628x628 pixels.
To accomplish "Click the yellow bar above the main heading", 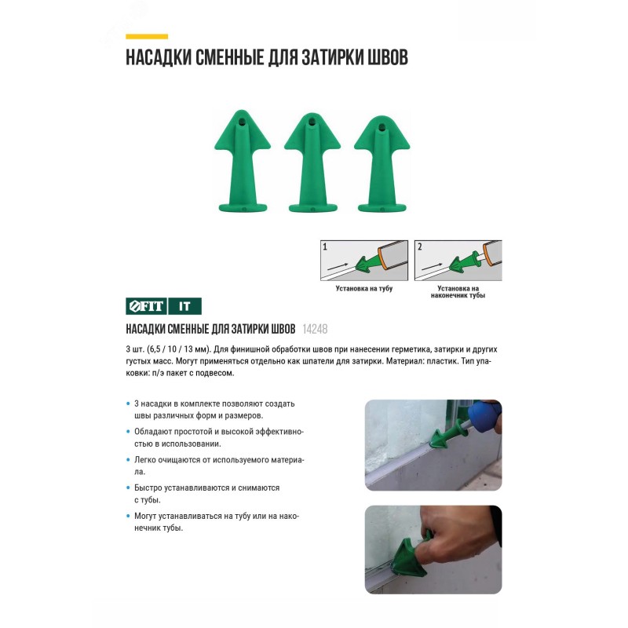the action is [147, 36].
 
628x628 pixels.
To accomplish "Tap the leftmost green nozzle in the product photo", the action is [243, 161].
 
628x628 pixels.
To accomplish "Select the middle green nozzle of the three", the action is [312, 162].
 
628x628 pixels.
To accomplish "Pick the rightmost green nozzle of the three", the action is [382, 163].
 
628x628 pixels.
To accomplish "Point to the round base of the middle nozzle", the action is [312, 207].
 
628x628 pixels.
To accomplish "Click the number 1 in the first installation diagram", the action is [325, 246].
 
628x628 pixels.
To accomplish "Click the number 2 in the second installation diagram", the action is [419, 246].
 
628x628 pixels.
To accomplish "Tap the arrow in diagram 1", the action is [337, 265].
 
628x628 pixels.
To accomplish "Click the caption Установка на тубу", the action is [364, 288].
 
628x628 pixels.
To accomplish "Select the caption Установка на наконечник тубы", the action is [458, 291].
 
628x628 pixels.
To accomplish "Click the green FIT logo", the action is [146, 306].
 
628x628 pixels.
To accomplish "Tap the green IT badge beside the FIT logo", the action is [184, 306].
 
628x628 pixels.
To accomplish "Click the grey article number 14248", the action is [315, 329].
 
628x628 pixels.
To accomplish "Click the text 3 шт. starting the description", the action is [135, 349].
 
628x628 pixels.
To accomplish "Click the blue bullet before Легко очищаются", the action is [128, 460].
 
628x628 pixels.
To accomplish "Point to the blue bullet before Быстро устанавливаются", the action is [128, 487].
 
